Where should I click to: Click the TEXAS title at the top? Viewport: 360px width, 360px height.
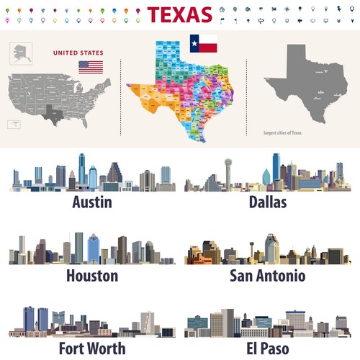179,14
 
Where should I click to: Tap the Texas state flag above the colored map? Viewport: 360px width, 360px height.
203,44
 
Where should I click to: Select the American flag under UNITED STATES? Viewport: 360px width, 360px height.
91,67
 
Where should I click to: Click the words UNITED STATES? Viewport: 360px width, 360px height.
78,53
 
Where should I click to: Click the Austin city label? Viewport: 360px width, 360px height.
91,202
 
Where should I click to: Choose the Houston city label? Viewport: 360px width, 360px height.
91,275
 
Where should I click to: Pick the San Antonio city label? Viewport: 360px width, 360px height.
267,275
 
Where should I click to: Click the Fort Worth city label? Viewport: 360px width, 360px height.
91,348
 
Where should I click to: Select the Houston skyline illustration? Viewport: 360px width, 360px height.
91,249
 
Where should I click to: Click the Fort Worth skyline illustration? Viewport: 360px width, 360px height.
91,322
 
